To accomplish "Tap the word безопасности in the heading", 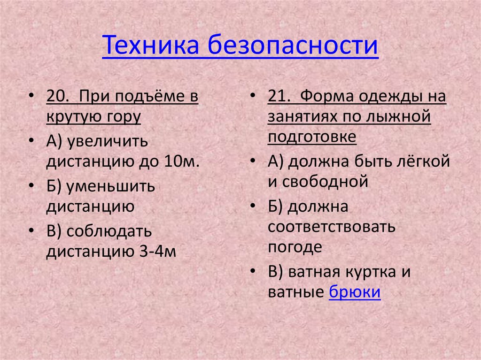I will click(x=294, y=47).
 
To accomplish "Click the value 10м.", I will click(x=182, y=161).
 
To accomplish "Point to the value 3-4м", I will click(x=157, y=252).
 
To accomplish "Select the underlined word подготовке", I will click(x=312, y=137).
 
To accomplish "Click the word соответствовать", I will click(x=332, y=227).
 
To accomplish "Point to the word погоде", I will click(x=295, y=247).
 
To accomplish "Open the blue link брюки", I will click(x=355, y=292).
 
